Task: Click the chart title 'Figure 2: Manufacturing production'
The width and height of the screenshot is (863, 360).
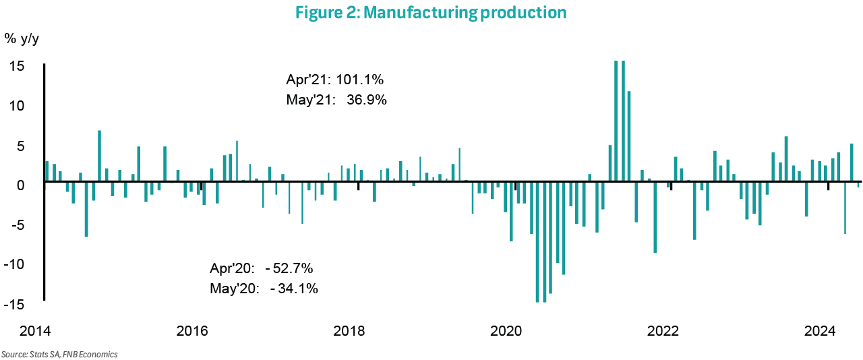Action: pos(431,12)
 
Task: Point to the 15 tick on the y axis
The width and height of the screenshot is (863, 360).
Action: pos(18,66)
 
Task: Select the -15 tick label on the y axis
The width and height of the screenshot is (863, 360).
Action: pos(16,304)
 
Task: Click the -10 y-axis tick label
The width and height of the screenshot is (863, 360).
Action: pos(16,264)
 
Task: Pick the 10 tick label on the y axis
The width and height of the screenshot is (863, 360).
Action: pos(18,106)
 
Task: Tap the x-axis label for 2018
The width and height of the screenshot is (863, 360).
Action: pos(349,331)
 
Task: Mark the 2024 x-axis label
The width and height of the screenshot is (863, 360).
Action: pos(821,331)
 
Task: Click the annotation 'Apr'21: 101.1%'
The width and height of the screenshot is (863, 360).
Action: pos(335,80)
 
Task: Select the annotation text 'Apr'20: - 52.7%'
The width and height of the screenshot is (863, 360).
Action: pos(262,268)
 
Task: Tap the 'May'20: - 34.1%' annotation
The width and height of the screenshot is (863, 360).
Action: pos(264,289)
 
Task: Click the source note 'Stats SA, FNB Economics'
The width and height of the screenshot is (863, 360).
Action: pos(59,354)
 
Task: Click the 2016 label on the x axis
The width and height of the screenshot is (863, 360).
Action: pos(191,331)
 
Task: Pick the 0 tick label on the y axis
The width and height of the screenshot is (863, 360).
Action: pos(21,185)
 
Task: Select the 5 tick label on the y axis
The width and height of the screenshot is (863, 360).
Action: pos(21,146)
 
